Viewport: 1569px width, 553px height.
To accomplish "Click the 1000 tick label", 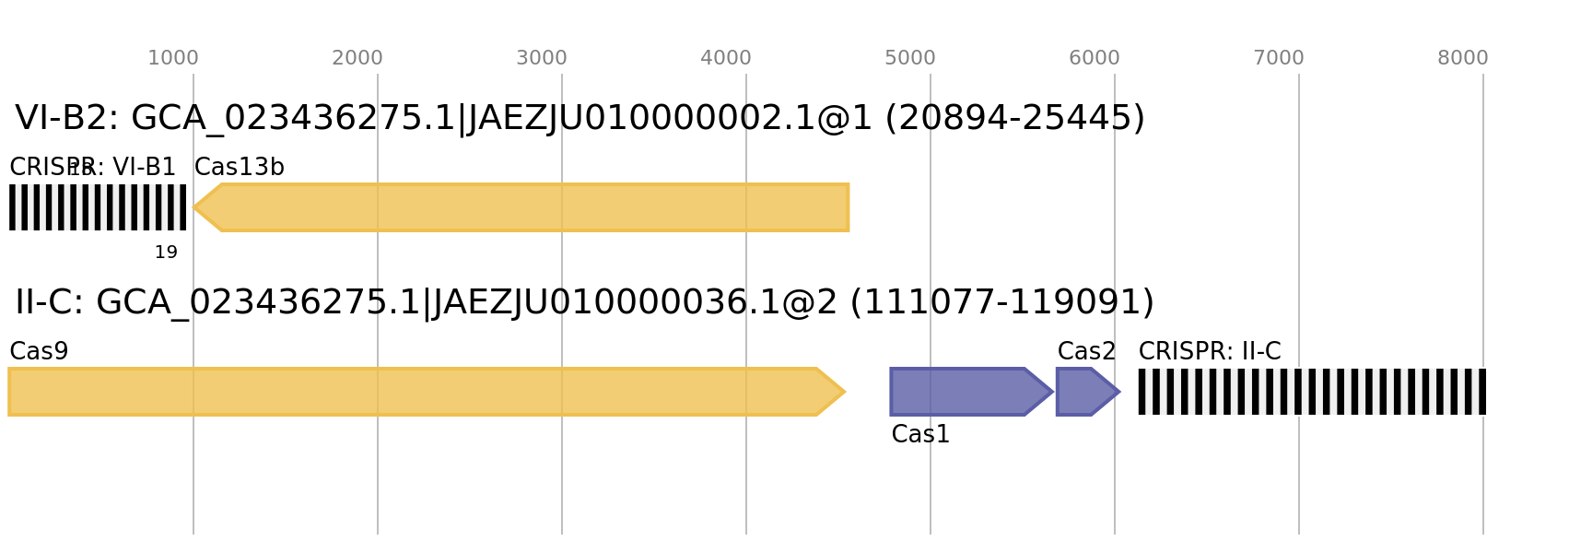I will click(x=173, y=58).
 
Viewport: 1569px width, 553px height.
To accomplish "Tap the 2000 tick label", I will click(x=357, y=58).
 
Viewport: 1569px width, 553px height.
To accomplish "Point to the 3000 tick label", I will click(x=542, y=58).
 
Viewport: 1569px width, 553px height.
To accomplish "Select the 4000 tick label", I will click(x=726, y=58).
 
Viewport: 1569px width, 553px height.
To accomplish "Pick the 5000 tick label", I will click(x=910, y=58).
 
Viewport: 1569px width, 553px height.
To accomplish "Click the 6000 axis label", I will click(x=1095, y=58).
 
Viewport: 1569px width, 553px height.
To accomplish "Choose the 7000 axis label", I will click(x=1279, y=58).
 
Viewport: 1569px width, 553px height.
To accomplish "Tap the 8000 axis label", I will click(x=1463, y=58).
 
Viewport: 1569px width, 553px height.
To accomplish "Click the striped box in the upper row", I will click(x=98, y=207).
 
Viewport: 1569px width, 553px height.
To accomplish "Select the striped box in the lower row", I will click(x=1312, y=392).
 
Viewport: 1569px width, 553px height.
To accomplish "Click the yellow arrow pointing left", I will click(x=534, y=207).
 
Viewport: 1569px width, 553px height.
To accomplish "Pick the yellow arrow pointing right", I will click(x=415, y=392).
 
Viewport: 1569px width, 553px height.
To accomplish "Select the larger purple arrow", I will click(x=963, y=392).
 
